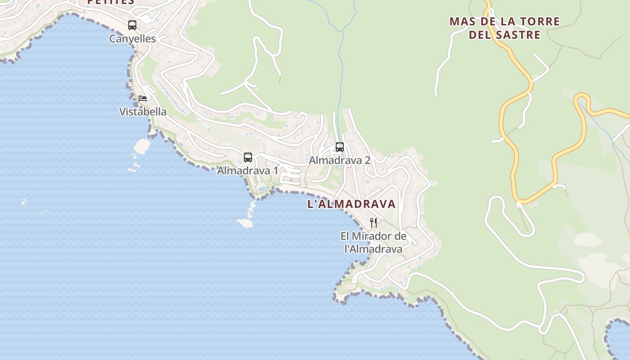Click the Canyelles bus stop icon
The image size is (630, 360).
[x=132, y=25]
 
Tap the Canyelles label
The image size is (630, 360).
[x=132, y=39]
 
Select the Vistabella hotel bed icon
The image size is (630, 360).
[x=143, y=98]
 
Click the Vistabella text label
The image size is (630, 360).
[x=143, y=112]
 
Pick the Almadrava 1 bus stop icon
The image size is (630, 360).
[x=247, y=157]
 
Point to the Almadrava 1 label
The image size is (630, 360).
[x=247, y=171]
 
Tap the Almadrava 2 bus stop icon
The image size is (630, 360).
[x=340, y=147]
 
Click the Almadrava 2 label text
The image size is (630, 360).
[x=339, y=160]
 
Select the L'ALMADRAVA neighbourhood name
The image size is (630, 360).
[x=351, y=204]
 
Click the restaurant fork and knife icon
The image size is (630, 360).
[x=373, y=222]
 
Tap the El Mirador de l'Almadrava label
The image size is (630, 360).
[x=373, y=242]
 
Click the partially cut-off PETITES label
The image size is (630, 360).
[x=111, y=2]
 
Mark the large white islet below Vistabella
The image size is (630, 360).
[x=142, y=145]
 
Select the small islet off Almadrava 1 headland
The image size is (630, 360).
[x=245, y=223]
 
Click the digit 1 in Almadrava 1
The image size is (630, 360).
[x=275, y=171]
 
